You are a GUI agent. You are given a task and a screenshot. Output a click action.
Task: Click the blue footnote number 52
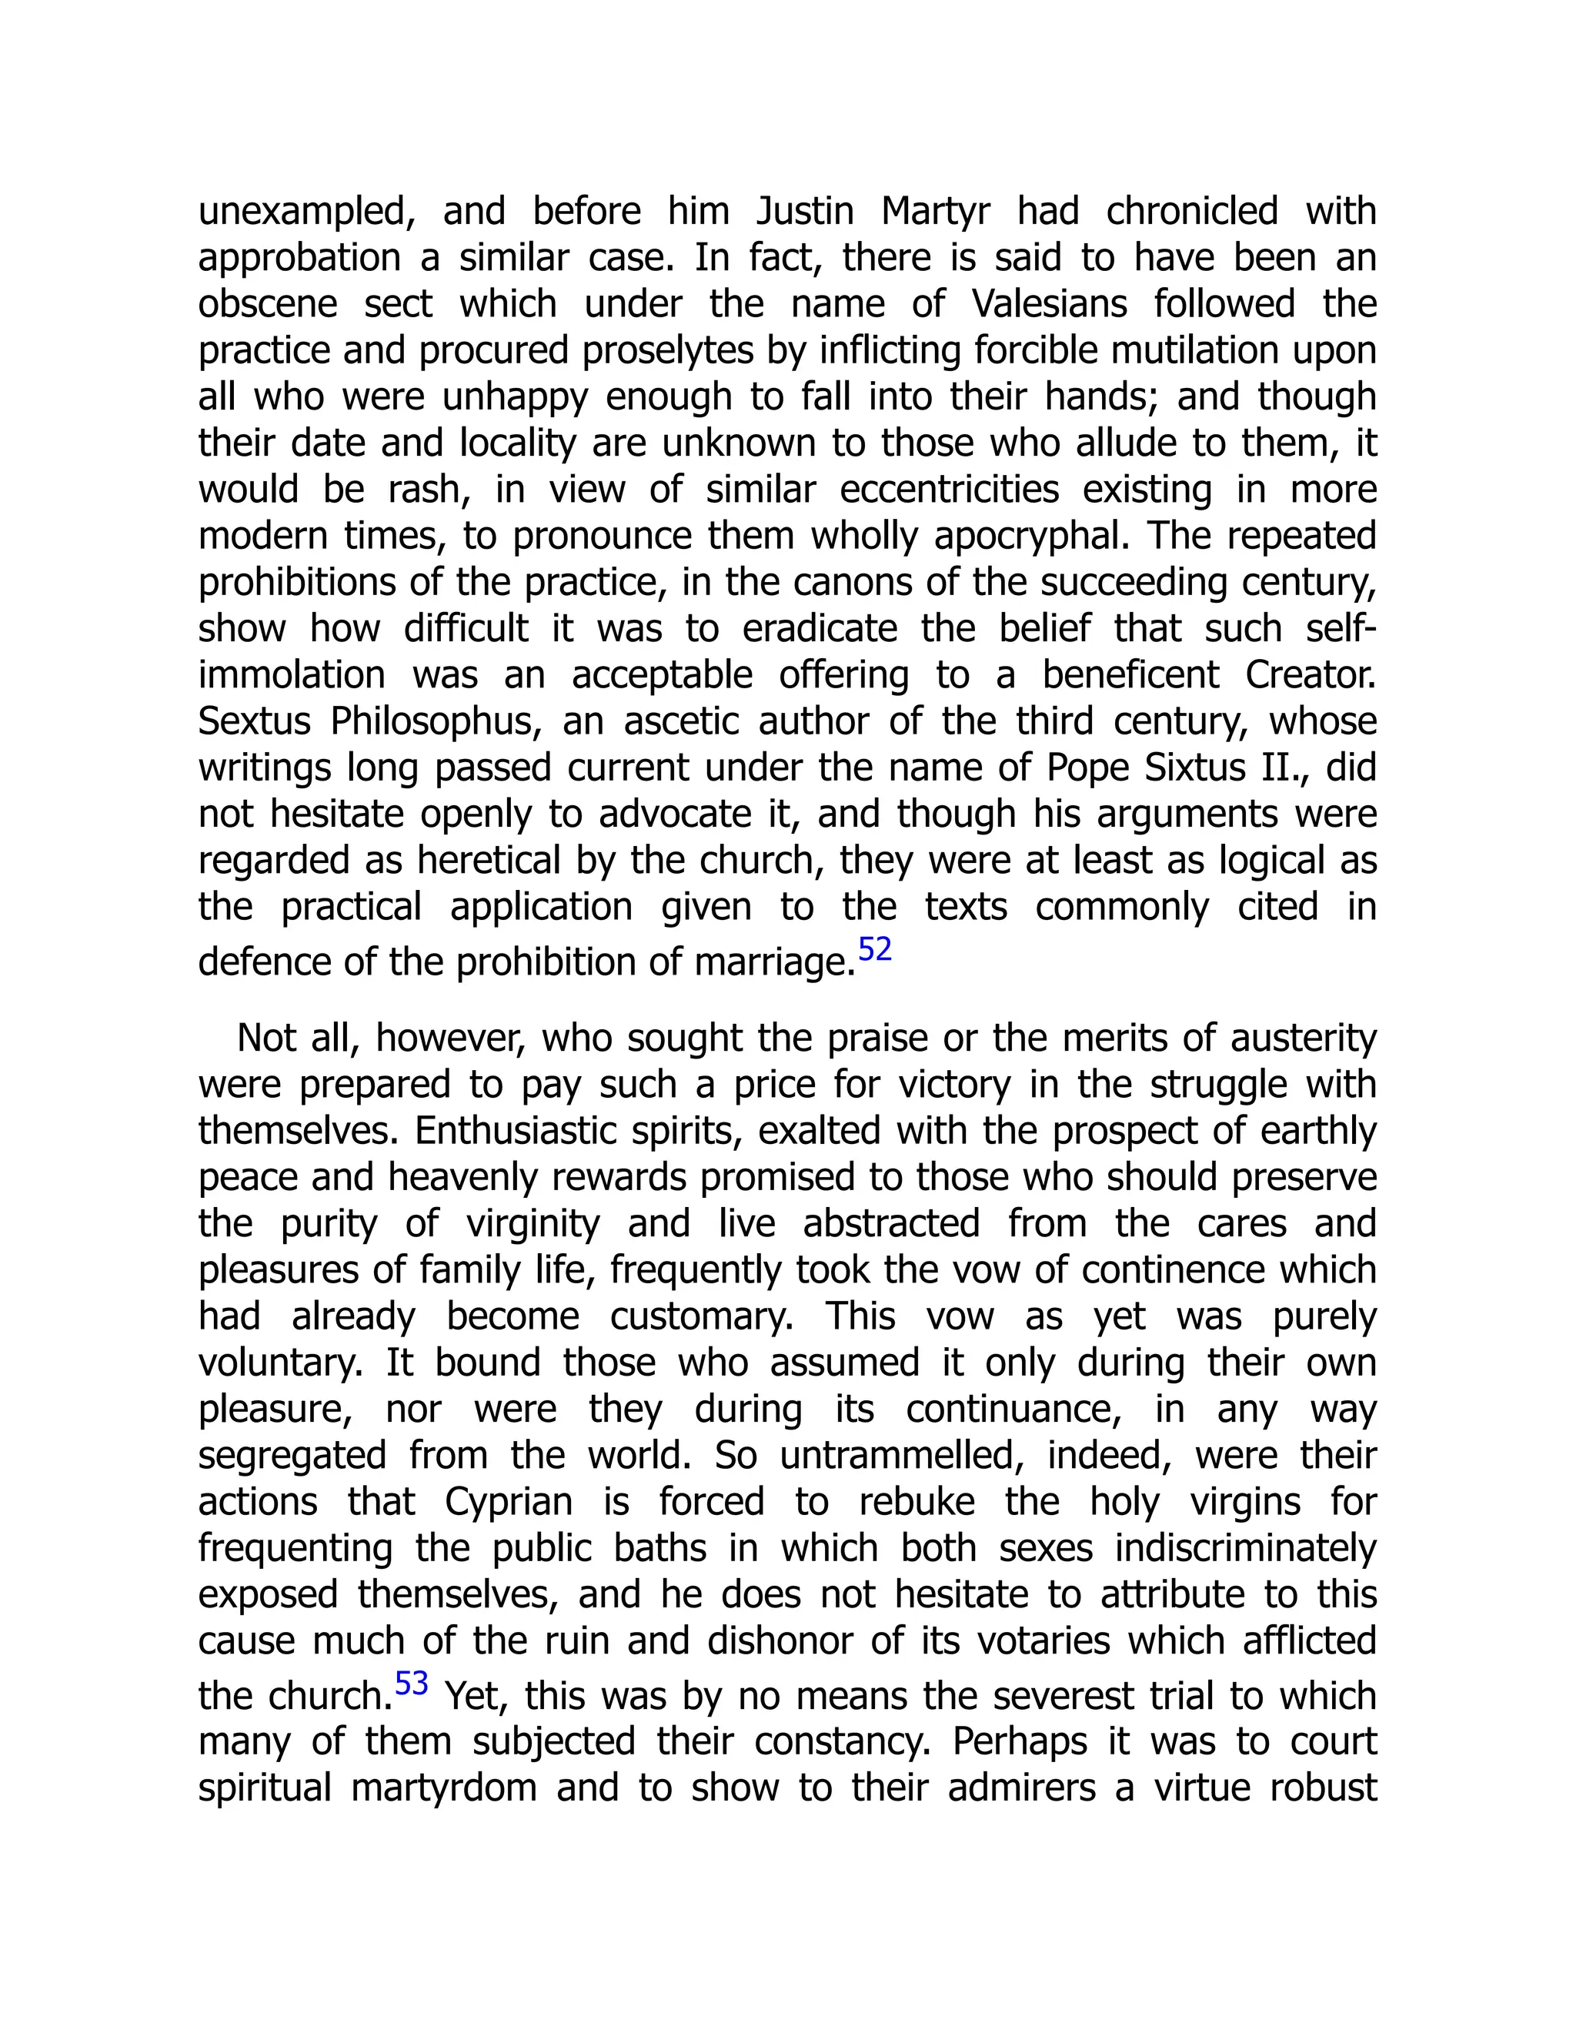875,949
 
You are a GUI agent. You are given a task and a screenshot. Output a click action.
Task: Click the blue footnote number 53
411,1683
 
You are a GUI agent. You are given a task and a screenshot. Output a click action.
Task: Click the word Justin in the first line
804,211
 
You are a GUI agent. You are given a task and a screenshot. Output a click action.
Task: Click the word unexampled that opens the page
306,211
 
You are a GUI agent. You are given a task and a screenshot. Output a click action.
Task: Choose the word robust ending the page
1322,1788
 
